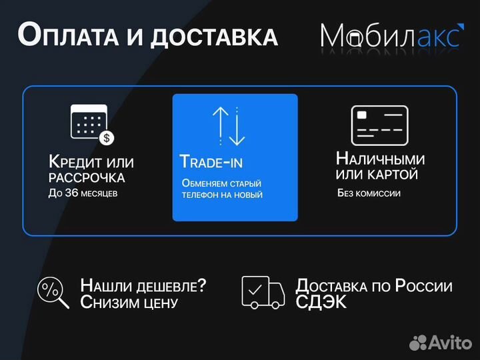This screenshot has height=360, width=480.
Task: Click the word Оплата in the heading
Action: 65,35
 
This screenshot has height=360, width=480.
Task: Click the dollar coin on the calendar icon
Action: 106,138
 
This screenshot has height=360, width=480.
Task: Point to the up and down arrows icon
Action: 229,126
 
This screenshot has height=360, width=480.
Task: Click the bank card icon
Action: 379,125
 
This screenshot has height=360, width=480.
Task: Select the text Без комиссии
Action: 369,193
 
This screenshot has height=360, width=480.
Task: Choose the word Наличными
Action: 380,159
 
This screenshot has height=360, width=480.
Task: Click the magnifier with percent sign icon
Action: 53,293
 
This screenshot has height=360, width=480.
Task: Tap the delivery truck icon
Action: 263,292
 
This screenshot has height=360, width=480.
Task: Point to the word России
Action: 423,286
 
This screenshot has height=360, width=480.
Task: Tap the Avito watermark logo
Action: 441,343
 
